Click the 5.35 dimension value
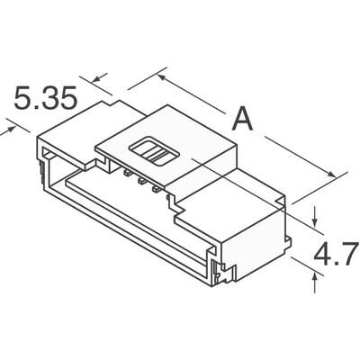click(45, 97)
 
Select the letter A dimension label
click(241, 119)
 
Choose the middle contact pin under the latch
click(142, 180)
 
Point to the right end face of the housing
click(261, 243)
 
